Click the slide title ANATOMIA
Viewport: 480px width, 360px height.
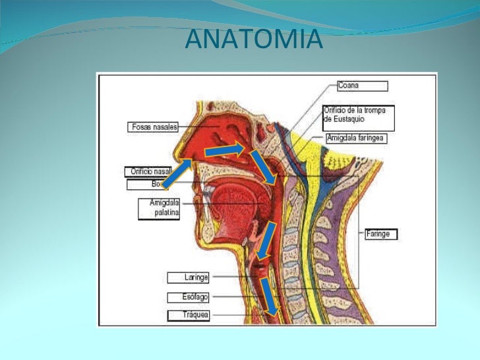point(254,40)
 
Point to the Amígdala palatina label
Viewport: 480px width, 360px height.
point(160,208)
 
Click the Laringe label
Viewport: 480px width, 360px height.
point(188,278)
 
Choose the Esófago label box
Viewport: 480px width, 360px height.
point(188,297)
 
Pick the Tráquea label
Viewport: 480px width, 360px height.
point(188,315)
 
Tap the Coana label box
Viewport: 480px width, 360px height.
point(361,86)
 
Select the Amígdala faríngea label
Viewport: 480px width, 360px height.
point(356,138)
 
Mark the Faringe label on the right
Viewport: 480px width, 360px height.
point(381,233)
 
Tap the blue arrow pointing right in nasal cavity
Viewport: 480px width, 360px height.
point(224,151)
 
